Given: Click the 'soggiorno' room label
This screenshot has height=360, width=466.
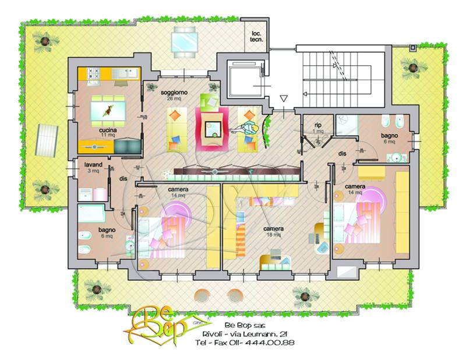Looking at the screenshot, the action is pos(174,93).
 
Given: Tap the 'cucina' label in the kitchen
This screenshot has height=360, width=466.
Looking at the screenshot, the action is pos(108,130).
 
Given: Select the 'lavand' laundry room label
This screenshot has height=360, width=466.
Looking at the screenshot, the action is pos(93,165).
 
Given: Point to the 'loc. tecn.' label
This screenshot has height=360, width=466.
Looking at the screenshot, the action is pos(256,36).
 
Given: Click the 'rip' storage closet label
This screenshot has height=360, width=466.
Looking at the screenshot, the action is pos(318,125).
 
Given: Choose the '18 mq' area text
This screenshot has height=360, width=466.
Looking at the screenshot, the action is pos(273,235).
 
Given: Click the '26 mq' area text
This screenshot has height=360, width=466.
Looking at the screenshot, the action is pos(174,98).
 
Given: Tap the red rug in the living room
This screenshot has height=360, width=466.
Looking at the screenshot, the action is pos(212,126).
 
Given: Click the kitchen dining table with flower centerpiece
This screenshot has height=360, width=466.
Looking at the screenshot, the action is pos(108,111).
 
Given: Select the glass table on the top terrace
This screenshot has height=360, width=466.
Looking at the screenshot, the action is pos(184,42).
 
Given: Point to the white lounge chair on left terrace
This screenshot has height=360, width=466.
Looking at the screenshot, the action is pos(47,140).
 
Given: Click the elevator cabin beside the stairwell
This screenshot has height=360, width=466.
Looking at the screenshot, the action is pos(245,79).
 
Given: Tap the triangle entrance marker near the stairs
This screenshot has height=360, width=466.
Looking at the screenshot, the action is pos(284,98).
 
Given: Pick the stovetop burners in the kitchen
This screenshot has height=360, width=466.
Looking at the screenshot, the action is pos(94,73).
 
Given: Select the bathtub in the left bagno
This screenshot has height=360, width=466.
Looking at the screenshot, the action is pos(91,213).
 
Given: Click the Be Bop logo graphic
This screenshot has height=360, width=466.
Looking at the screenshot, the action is pos(157,326).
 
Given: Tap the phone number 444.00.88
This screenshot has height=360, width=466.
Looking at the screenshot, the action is pos(273,343).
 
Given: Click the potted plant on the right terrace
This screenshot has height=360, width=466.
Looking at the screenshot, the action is pos(414,68).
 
